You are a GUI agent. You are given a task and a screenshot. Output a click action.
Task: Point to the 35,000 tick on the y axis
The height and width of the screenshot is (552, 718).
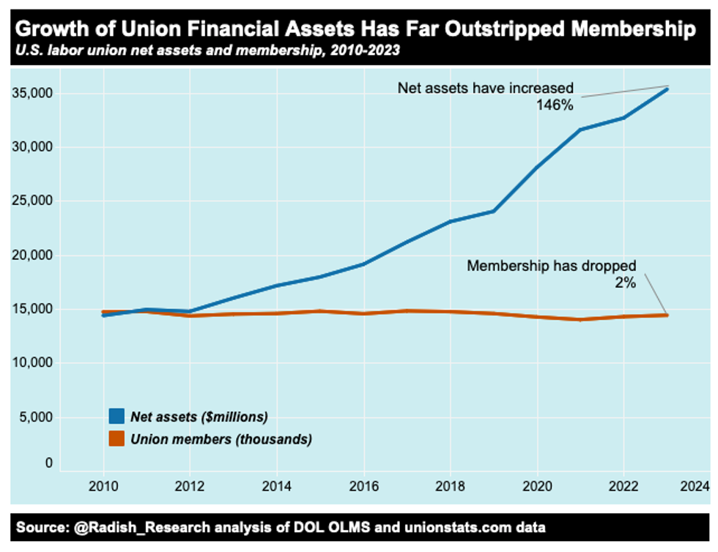pos(33,94)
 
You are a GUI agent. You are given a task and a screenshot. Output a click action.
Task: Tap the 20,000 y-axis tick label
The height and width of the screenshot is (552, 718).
pos(33,256)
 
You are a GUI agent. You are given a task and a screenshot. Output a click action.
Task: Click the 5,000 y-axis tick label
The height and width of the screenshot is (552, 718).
pos(36,417)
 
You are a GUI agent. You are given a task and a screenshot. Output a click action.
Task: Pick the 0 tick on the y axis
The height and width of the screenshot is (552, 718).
pos(48,463)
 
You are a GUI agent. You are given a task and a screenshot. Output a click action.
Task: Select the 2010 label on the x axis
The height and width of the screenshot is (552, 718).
pos(103,485)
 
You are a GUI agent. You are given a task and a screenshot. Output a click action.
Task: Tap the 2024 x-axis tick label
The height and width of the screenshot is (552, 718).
pos(693,485)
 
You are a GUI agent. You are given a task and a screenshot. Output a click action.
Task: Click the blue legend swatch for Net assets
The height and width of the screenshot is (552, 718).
pos(115,417)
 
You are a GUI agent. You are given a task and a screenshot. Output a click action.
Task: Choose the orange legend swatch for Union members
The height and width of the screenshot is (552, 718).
pos(115,439)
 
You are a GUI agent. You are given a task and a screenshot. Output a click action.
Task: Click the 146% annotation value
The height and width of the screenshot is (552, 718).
pos(555,104)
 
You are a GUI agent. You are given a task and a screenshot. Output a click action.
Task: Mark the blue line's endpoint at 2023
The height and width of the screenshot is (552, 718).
pos(667,89)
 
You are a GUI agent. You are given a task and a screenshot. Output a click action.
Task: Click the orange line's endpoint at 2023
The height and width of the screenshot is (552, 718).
pos(667,315)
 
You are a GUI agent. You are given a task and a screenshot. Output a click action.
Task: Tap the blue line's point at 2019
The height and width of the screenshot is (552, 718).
pos(495,211)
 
